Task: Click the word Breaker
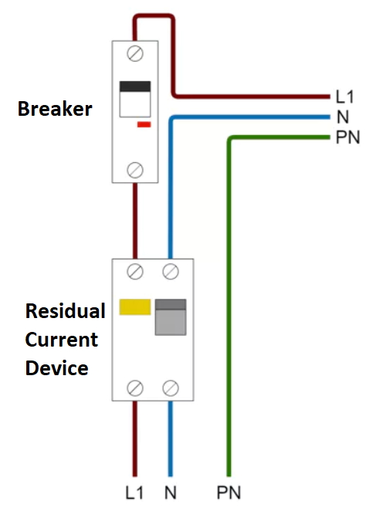pos(55,109)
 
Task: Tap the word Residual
pos(66,311)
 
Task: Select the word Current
pos(62,340)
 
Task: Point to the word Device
pos(57,368)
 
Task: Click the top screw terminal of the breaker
pos(135,53)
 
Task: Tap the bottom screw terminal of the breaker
pos(135,170)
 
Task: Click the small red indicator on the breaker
pos(144,124)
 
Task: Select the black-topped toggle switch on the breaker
pos(135,99)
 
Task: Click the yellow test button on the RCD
pos(135,307)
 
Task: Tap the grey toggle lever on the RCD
pos(171,317)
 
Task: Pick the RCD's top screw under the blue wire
pos(171,272)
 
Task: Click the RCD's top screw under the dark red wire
pos(135,272)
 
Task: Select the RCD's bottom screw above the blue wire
pos(171,388)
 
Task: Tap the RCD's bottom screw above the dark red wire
pos(135,388)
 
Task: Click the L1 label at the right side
pos(344,96)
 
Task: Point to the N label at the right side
pos(343,117)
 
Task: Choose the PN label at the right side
pos(347,137)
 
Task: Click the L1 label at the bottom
pos(134,493)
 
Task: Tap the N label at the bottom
pos(171,493)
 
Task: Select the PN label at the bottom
pos(229,493)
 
